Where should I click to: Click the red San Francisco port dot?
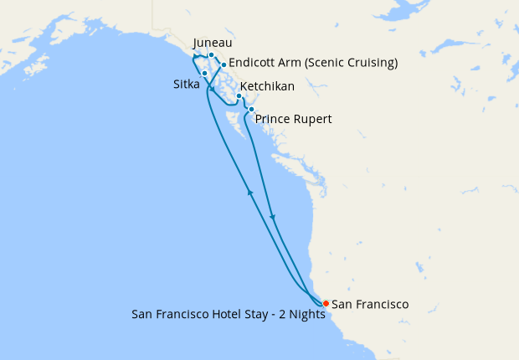tap(326, 303)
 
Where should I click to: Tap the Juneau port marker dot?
tap(212, 55)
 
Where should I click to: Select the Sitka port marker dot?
tap(204, 74)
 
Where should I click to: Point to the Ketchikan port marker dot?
tap(239, 96)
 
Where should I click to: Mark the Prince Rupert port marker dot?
tap(251, 110)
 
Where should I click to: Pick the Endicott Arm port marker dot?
tap(224, 64)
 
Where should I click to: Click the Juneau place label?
tap(213, 43)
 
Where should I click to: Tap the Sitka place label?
tap(187, 85)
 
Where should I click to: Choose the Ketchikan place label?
tap(266, 87)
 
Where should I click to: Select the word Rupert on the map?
tap(312, 120)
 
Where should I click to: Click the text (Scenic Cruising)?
tap(348, 63)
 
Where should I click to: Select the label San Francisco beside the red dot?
tap(370, 305)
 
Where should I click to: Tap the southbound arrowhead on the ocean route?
tap(273, 219)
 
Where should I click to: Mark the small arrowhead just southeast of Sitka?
tap(213, 89)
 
